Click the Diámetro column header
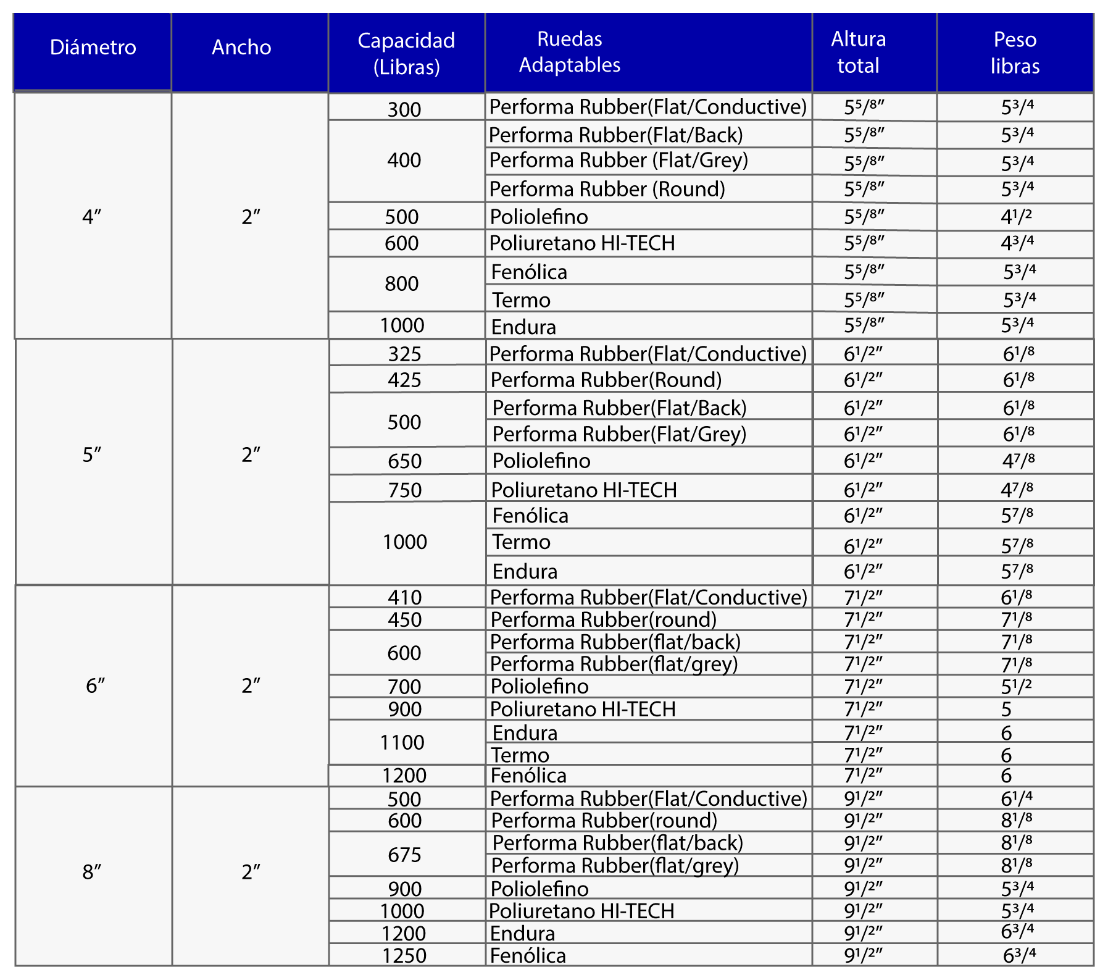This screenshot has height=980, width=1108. pyautogui.click(x=93, y=48)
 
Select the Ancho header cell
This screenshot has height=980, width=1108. pyautogui.click(x=241, y=48)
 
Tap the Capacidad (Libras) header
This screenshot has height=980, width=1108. pyautogui.click(x=406, y=53)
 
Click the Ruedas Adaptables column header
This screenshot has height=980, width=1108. pyautogui.click(x=570, y=52)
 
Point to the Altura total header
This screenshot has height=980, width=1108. pyautogui.click(x=858, y=52)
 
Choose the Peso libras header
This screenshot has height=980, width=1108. pyautogui.click(x=1015, y=53)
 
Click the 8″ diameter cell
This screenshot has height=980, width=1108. pyautogui.click(x=92, y=872)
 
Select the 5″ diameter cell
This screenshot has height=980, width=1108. pyautogui.click(x=92, y=455)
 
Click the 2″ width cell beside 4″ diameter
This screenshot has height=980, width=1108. pyautogui.click(x=251, y=217)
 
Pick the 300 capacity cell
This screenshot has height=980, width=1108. pyautogui.click(x=404, y=109)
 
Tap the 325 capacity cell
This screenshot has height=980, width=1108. pyautogui.click(x=405, y=354)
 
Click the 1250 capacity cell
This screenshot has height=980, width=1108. pyautogui.click(x=404, y=955)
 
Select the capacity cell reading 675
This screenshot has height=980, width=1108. pyautogui.click(x=404, y=855)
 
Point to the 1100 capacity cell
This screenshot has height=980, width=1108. pyautogui.click(x=402, y=742)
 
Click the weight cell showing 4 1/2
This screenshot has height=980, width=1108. pyautogui.click(x=1017, y=217)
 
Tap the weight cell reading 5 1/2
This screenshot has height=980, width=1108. pyautogui.click(x=1017, y=686)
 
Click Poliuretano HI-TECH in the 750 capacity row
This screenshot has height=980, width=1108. pyautogui.click(x=584, y=490)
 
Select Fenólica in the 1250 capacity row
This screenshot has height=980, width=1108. pyautogui.click(x=528, y=955)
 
